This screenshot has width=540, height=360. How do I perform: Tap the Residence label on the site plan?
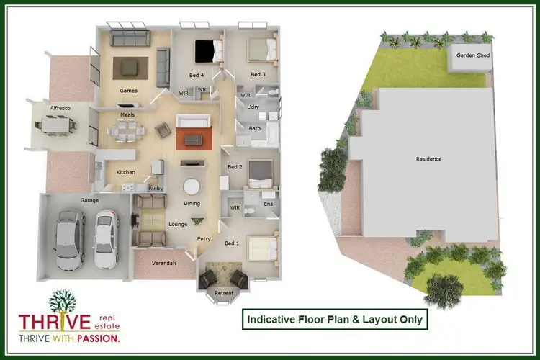(428, 158)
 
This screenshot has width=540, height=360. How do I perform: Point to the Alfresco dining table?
(58, 125)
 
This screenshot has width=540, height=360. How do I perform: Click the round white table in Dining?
(192, 186)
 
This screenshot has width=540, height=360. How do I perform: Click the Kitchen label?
(126, 172)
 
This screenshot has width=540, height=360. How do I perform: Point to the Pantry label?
(156, 189)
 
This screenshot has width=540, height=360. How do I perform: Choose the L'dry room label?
(253, 107)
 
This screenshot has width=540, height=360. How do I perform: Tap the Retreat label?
(225, 293)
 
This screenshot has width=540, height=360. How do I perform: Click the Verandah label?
(164, 263)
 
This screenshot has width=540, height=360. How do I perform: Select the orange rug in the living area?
(194, 138)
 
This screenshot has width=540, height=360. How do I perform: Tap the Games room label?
(128, 90)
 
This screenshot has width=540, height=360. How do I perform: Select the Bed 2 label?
(235, 167)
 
